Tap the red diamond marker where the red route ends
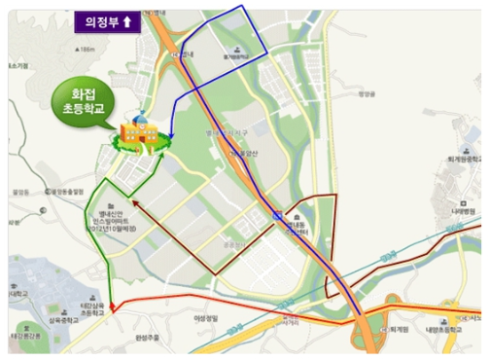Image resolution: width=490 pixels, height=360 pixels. (114, 308)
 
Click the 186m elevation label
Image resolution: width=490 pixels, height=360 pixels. (88, 49)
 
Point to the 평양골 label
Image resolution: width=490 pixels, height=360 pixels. (366, 94)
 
